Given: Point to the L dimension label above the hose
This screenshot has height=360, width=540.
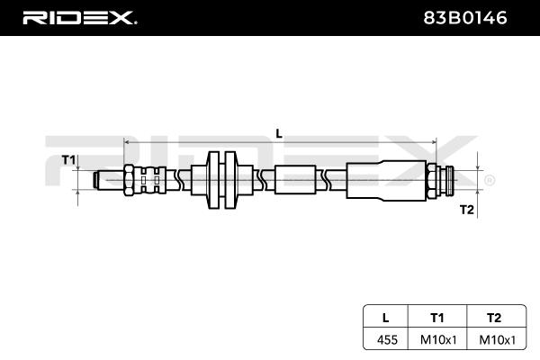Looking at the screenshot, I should coord(279,132).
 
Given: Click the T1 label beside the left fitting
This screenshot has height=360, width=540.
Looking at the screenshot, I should coord(67,160).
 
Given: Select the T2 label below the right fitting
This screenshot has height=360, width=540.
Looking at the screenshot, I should coord(466,210).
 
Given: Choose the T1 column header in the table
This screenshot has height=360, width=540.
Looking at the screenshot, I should coord(437,317).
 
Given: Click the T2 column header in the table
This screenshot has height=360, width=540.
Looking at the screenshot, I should coord(492,317).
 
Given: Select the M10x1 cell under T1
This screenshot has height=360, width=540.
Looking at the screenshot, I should coord(437,340).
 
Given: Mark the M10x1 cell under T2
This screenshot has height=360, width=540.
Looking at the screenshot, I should coord(492,340).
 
